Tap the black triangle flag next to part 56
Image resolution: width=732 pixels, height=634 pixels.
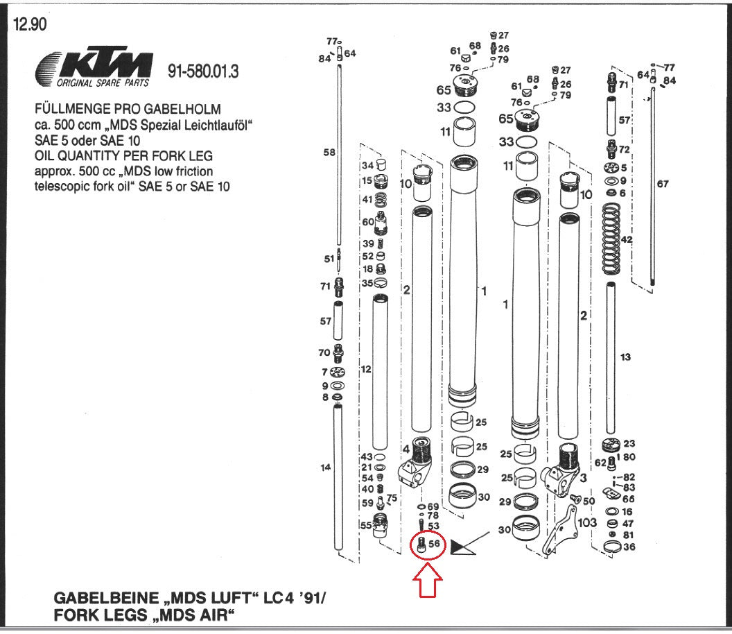(x=460, y=547)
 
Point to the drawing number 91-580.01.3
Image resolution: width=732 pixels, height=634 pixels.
(x=203, y=71)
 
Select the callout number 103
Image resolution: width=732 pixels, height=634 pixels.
(x=587, y=522)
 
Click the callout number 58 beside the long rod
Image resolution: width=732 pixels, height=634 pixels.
(x=329, y=153)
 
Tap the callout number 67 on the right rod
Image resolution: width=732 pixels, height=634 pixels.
(x=663, y=184)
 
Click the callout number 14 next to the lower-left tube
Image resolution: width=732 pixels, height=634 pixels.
(x=326, y=468)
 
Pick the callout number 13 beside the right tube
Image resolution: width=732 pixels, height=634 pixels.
(x=625, y=357)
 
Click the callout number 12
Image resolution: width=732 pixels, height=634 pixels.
(x=366, y=369)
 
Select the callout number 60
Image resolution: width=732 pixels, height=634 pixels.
(x=367, y=222)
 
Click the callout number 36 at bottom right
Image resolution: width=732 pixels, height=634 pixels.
(x=629, y=547)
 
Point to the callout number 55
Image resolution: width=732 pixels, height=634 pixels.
(x=365, y=526)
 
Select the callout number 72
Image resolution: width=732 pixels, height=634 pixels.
(x=624, y=150)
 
